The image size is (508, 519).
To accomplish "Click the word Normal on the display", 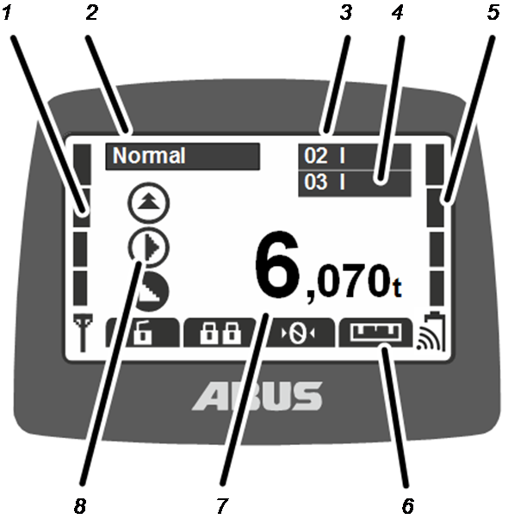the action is (149, 155).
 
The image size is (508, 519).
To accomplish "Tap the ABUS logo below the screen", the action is (257, 396).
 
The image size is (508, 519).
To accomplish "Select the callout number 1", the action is (7, 13).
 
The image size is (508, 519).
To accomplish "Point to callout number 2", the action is (92, 13).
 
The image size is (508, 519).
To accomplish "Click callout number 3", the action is (346, 13).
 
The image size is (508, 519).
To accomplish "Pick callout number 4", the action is (398, 13).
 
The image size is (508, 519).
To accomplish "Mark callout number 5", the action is (493, 13).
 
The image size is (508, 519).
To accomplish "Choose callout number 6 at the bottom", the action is (408, 505).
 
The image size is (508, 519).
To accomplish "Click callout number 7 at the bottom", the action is (222, 505).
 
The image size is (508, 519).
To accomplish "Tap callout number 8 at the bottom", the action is (80, 505).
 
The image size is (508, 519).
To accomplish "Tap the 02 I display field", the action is (355, 157).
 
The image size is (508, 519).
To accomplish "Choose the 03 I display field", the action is (355, 183).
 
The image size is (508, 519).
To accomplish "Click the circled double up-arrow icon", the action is (149, 202).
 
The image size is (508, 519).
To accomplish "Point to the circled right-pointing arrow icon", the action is (149, 247).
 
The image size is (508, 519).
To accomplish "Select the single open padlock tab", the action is (143, 332).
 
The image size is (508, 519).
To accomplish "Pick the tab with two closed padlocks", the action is (220, 332).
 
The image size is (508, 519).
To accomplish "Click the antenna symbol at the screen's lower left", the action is (83, 332).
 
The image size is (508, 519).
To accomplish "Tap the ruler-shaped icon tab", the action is (376, 332).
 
